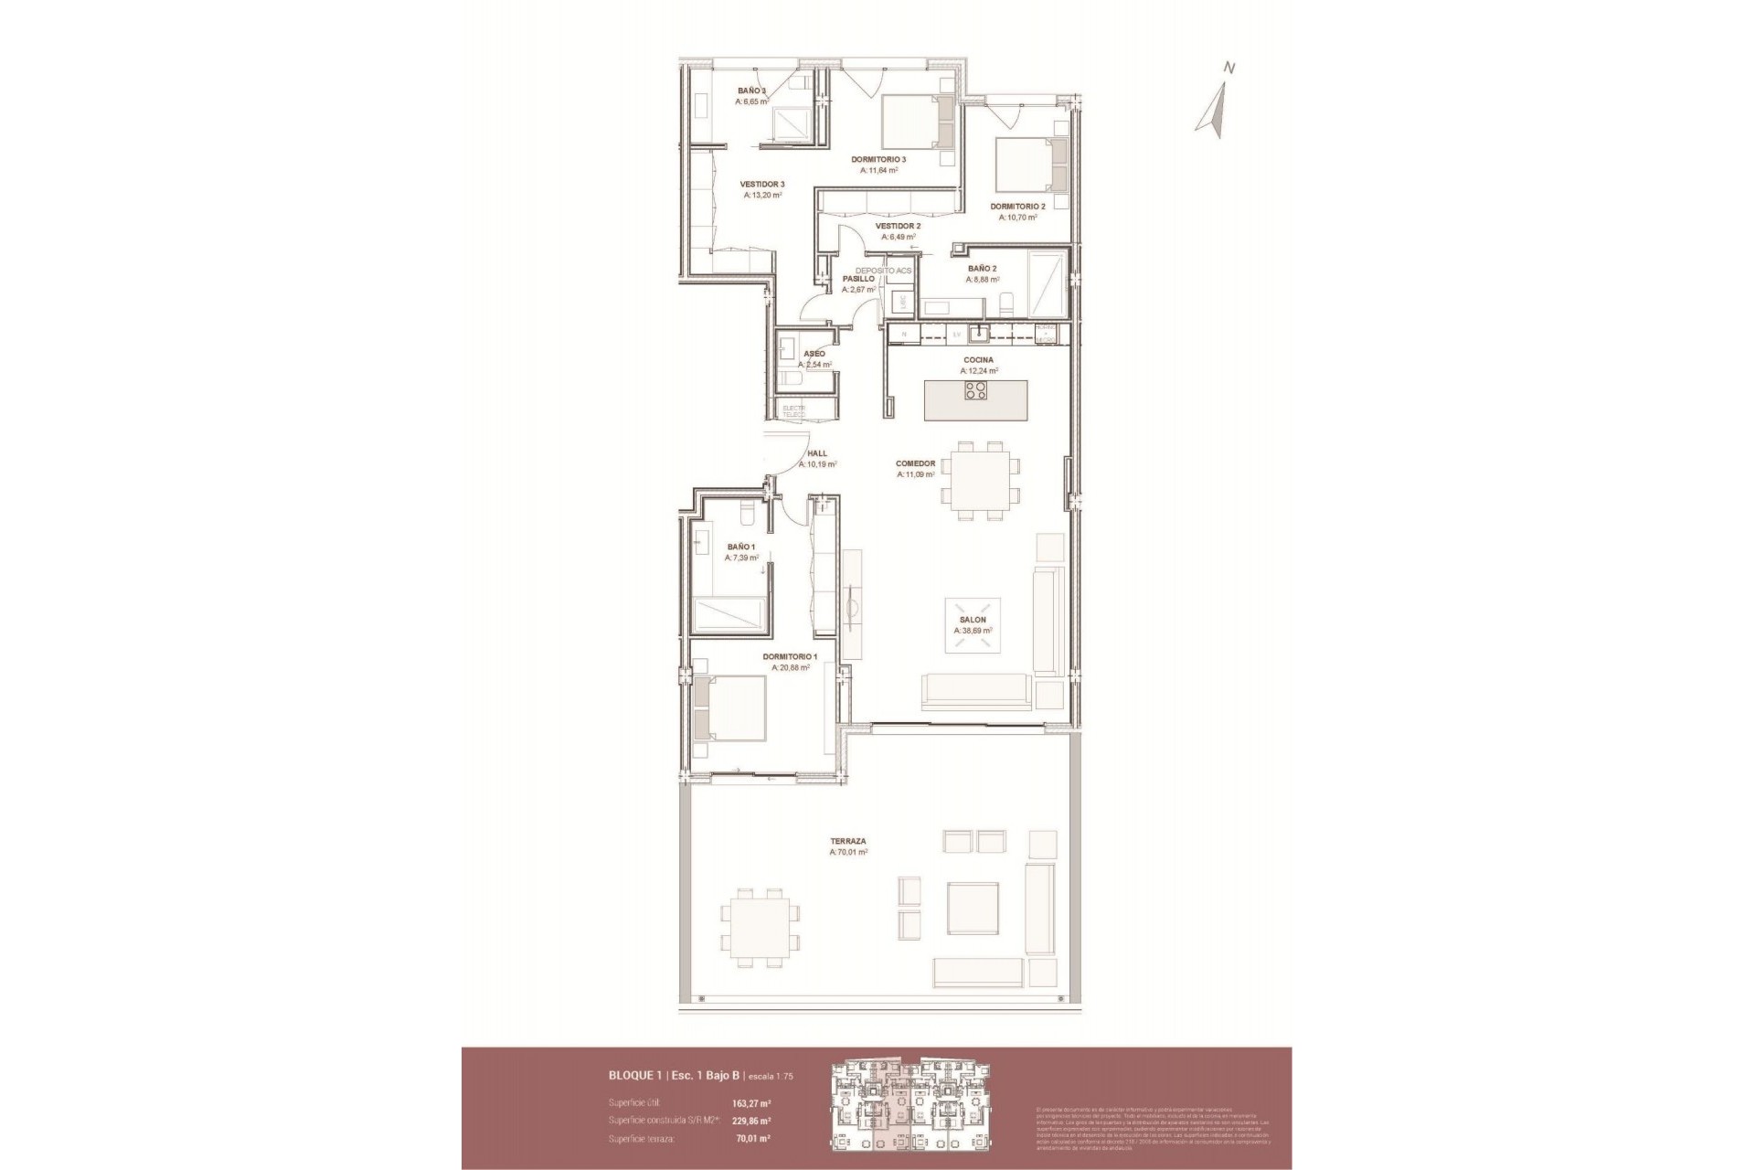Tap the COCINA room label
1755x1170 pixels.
point(978,360)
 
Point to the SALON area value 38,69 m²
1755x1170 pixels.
point(973,631)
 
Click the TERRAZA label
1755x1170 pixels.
point(848,841)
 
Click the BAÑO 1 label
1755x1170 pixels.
point(740,547)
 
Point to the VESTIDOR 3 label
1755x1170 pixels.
point(762,184)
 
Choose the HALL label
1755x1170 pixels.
point(817,453)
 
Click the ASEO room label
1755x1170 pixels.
point(814,354)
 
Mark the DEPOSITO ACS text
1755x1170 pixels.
point(884,271)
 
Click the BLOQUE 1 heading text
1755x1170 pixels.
point(637,1076)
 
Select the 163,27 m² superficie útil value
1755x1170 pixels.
point(751,1102)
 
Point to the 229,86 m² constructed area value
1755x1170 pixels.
point(751,1121)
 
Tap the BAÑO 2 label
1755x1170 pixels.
point(983,269)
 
